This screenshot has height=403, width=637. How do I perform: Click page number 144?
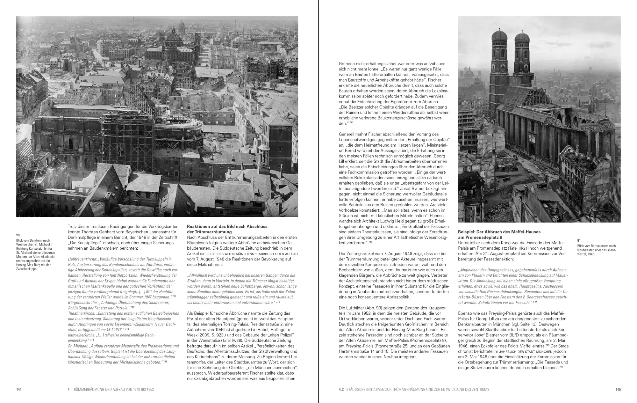point(19,389)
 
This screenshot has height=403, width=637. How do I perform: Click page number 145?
point(618,389)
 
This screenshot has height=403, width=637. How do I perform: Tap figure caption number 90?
point(18,235)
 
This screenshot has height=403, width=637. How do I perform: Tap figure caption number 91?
point(579,240)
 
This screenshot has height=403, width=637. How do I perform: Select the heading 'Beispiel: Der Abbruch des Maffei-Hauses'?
point(499,232)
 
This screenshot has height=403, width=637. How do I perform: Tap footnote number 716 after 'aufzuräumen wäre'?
point(278,302)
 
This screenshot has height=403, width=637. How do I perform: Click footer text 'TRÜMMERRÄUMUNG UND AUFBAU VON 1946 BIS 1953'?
point(113,389)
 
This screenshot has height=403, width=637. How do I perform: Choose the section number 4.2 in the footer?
point(341,389)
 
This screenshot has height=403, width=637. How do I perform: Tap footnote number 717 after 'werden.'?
point(351,123)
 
